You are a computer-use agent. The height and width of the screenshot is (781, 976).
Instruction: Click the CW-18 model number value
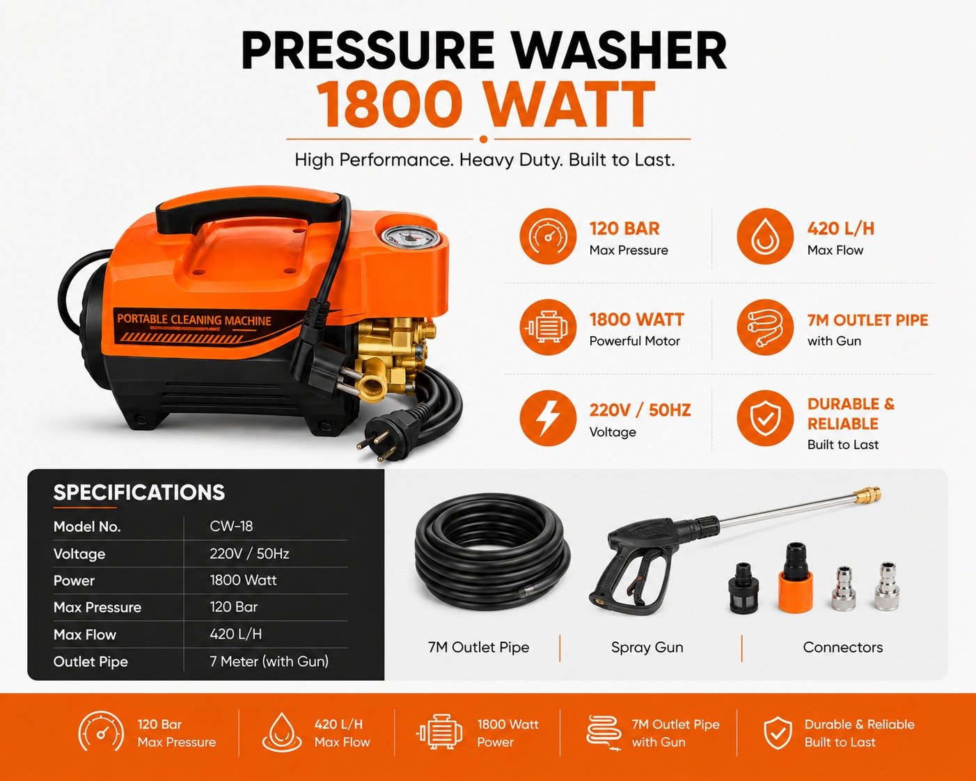231,526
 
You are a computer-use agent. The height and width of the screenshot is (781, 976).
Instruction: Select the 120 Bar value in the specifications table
234,607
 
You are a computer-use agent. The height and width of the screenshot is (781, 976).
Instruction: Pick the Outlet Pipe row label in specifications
90,662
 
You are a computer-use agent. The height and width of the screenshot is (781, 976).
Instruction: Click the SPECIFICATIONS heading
139,493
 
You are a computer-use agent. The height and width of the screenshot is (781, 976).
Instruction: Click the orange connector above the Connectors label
796,578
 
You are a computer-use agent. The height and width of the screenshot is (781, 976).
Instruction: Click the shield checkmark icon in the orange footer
778,734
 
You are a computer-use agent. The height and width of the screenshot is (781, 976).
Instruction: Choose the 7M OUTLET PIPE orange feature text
867,320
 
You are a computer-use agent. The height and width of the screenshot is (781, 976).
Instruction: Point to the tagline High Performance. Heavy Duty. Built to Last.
485,160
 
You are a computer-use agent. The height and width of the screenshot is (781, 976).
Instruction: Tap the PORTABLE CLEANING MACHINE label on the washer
194,319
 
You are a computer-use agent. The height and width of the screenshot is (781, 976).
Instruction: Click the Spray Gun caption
647,647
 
